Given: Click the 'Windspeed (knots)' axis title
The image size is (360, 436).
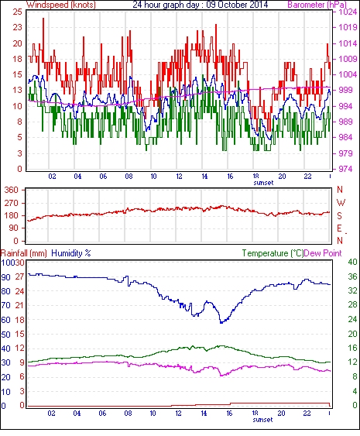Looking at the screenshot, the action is click(x=61, y=5).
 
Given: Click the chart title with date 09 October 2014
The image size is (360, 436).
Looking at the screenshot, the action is click(x=201, y=5).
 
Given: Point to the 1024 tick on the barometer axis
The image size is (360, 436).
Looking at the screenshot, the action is click(x=348, y=12).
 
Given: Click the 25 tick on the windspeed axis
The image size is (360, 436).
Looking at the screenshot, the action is click(x=17, y=12).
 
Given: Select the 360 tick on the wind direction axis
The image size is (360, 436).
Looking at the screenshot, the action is click(x=12, y=190).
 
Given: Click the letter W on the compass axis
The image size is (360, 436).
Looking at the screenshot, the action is click(x=341, y=202).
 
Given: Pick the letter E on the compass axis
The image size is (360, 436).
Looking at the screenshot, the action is click(x=339, y=228).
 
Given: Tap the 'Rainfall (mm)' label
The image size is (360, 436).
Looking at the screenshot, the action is click(x=24, y=253).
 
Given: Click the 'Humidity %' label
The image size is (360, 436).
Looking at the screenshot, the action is click(x=71, y=253).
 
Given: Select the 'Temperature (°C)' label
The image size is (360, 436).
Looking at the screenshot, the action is click(x=273, y=253).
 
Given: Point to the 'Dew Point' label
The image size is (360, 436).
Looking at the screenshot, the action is click(x=323, y=253).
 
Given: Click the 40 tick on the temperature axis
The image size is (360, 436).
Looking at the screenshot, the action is click(x=353, y=262).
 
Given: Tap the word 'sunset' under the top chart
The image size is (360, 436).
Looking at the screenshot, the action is click(x=263, y=183).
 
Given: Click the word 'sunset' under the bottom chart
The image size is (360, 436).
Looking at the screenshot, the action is click(x=262, y=420).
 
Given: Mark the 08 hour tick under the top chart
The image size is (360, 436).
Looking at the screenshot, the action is click(x=129, y=177).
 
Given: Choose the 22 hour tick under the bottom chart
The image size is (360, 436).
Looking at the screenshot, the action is click(x=307, y=414).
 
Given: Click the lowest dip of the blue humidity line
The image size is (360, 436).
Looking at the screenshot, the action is click(x=221, y=323).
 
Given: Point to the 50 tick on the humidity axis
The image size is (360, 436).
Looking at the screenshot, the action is click(x=5, y=335).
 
